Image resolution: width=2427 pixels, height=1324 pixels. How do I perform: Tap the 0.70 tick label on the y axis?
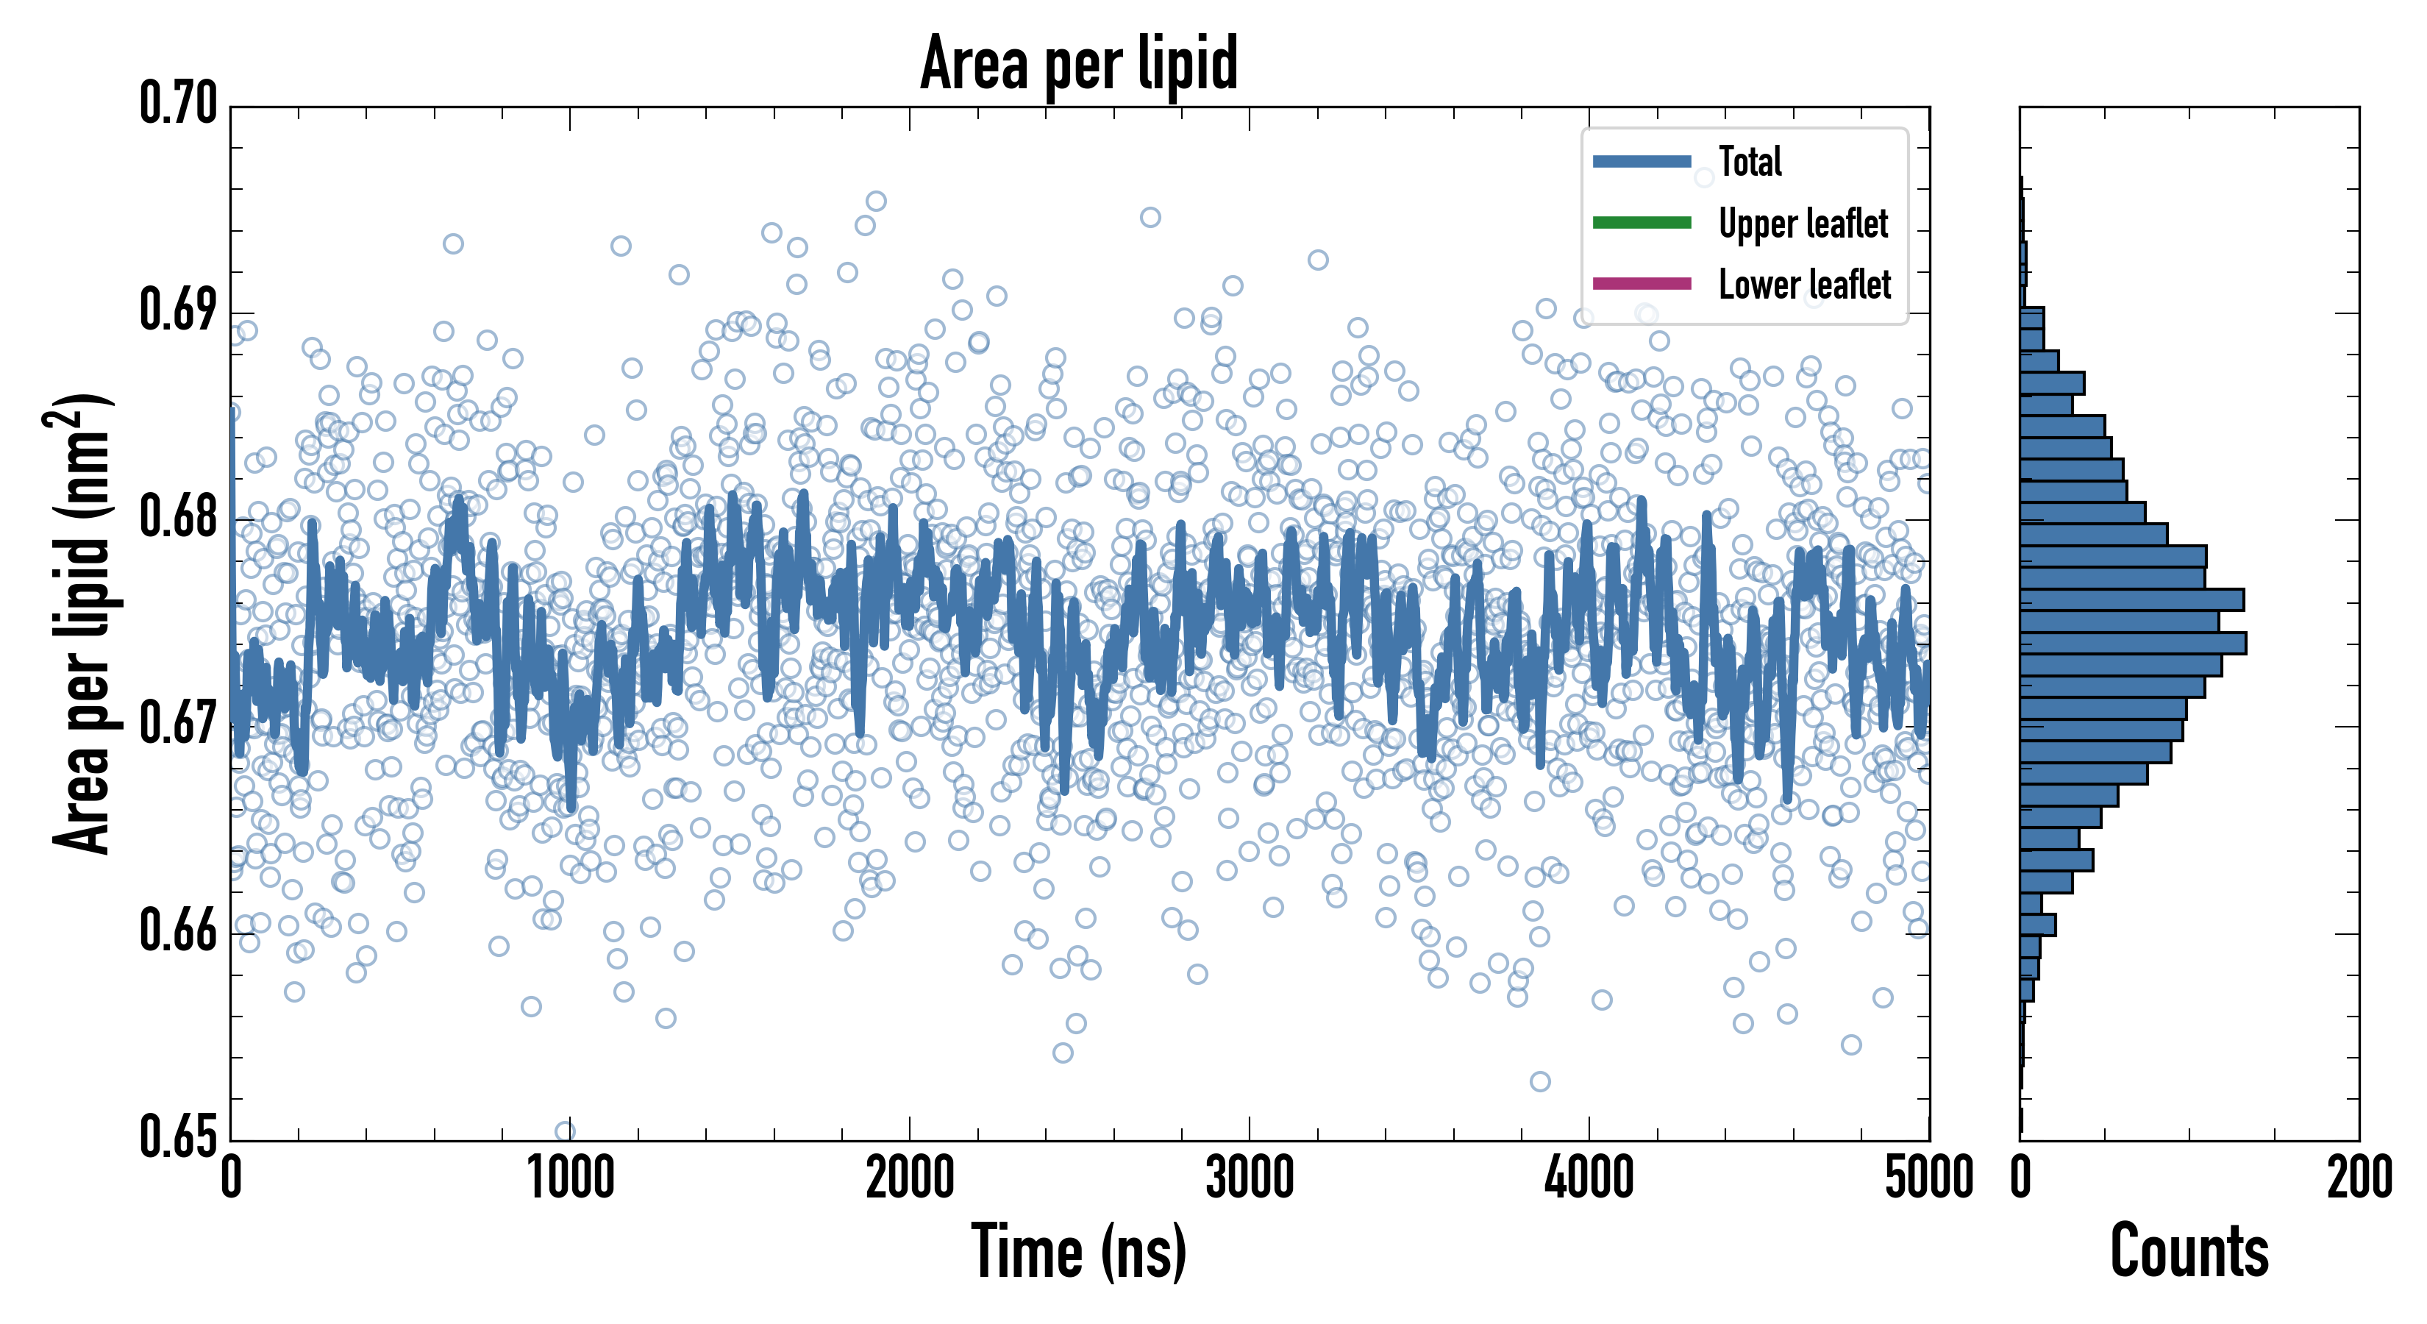pos(178,104)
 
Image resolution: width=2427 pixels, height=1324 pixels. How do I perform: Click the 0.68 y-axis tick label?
pos(178,517)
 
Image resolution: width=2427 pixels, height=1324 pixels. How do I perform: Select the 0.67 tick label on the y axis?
pos(178,724)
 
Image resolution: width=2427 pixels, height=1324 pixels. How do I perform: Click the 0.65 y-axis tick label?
pos(178,1136)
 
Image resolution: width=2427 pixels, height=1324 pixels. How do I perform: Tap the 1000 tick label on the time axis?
pos(570,1178)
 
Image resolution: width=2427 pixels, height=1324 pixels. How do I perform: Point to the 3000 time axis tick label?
pos(1250,1178)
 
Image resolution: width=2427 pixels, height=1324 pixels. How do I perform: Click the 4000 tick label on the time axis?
pos(1589,1178)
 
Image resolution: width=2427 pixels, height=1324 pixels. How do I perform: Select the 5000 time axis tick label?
pos(1928,1178)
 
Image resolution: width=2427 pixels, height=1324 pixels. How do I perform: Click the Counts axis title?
pos(2189,1251)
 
